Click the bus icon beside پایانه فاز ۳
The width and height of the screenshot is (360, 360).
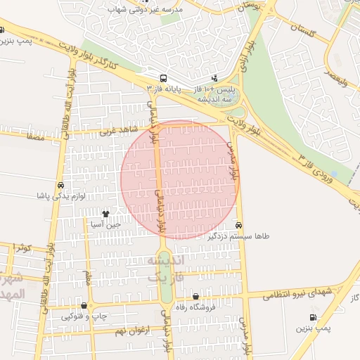tap(163, 78)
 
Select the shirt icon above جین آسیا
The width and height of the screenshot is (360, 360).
tap(105, 213)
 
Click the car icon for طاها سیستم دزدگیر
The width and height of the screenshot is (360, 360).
tap(239, 225)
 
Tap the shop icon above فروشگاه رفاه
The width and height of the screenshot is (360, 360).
tap(195, 297)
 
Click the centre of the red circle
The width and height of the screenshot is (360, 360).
tap(180, 179)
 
